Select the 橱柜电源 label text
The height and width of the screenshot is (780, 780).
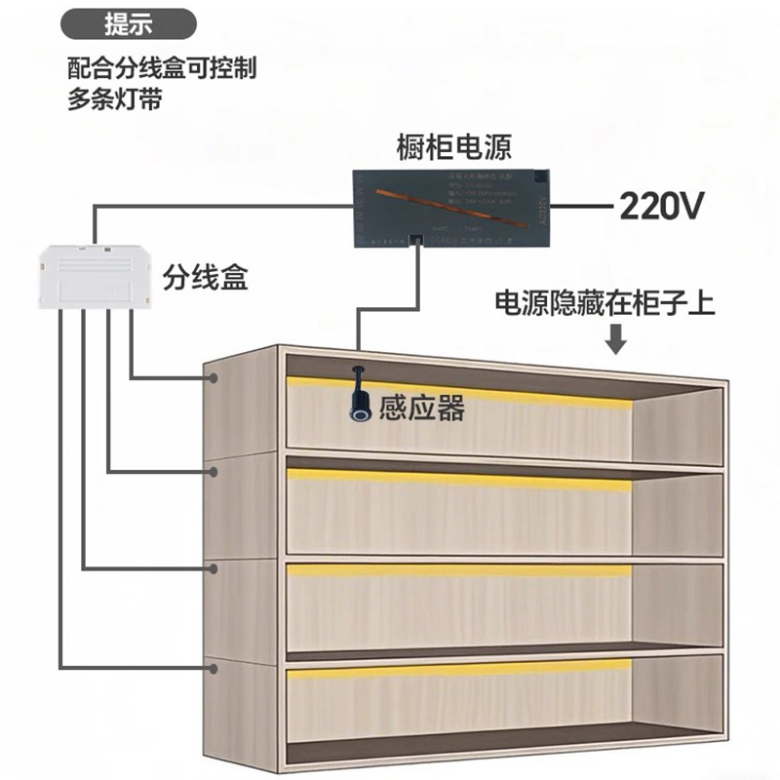tap(454, 148)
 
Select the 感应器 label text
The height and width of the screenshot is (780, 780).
tap(421, 408)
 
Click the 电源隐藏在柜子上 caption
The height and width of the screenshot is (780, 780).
tap(605, 303)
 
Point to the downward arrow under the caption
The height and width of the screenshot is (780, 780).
tap(615, 340)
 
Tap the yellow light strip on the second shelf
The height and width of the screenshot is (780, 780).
tap(458, 477)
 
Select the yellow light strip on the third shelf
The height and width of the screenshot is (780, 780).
tap(458, 570)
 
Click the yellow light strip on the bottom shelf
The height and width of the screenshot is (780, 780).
tap(458, 670)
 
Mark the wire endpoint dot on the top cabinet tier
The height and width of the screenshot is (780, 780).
tap(212, 376)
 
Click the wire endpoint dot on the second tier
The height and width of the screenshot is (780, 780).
tap(212, 472)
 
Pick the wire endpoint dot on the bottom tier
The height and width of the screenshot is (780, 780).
tap(212, 666)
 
